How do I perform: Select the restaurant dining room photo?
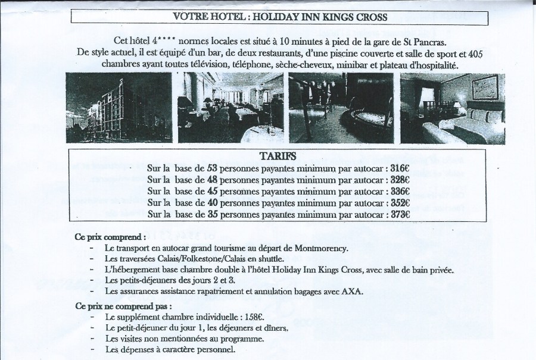(228, 108)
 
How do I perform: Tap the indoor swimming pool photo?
(341, 108)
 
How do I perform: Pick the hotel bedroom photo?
(452, 108)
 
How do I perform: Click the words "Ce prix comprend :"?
(110, 236)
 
